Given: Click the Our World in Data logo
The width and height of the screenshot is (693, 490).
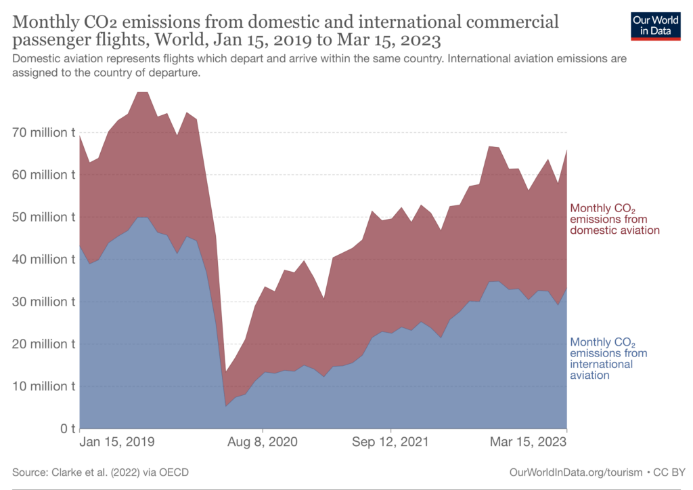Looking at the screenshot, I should click(x=655, y=26).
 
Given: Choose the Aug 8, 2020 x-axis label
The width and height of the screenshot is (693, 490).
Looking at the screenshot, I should click(x=263, y=442).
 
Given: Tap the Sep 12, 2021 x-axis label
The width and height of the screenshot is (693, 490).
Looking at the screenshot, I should click(x=390, y=442).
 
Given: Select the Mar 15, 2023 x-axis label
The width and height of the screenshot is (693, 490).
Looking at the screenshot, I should click(x=529, y=442).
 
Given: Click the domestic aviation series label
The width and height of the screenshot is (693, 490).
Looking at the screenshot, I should click(x=614, y=219).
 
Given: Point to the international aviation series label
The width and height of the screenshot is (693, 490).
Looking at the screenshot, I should click(x=609, y=359).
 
